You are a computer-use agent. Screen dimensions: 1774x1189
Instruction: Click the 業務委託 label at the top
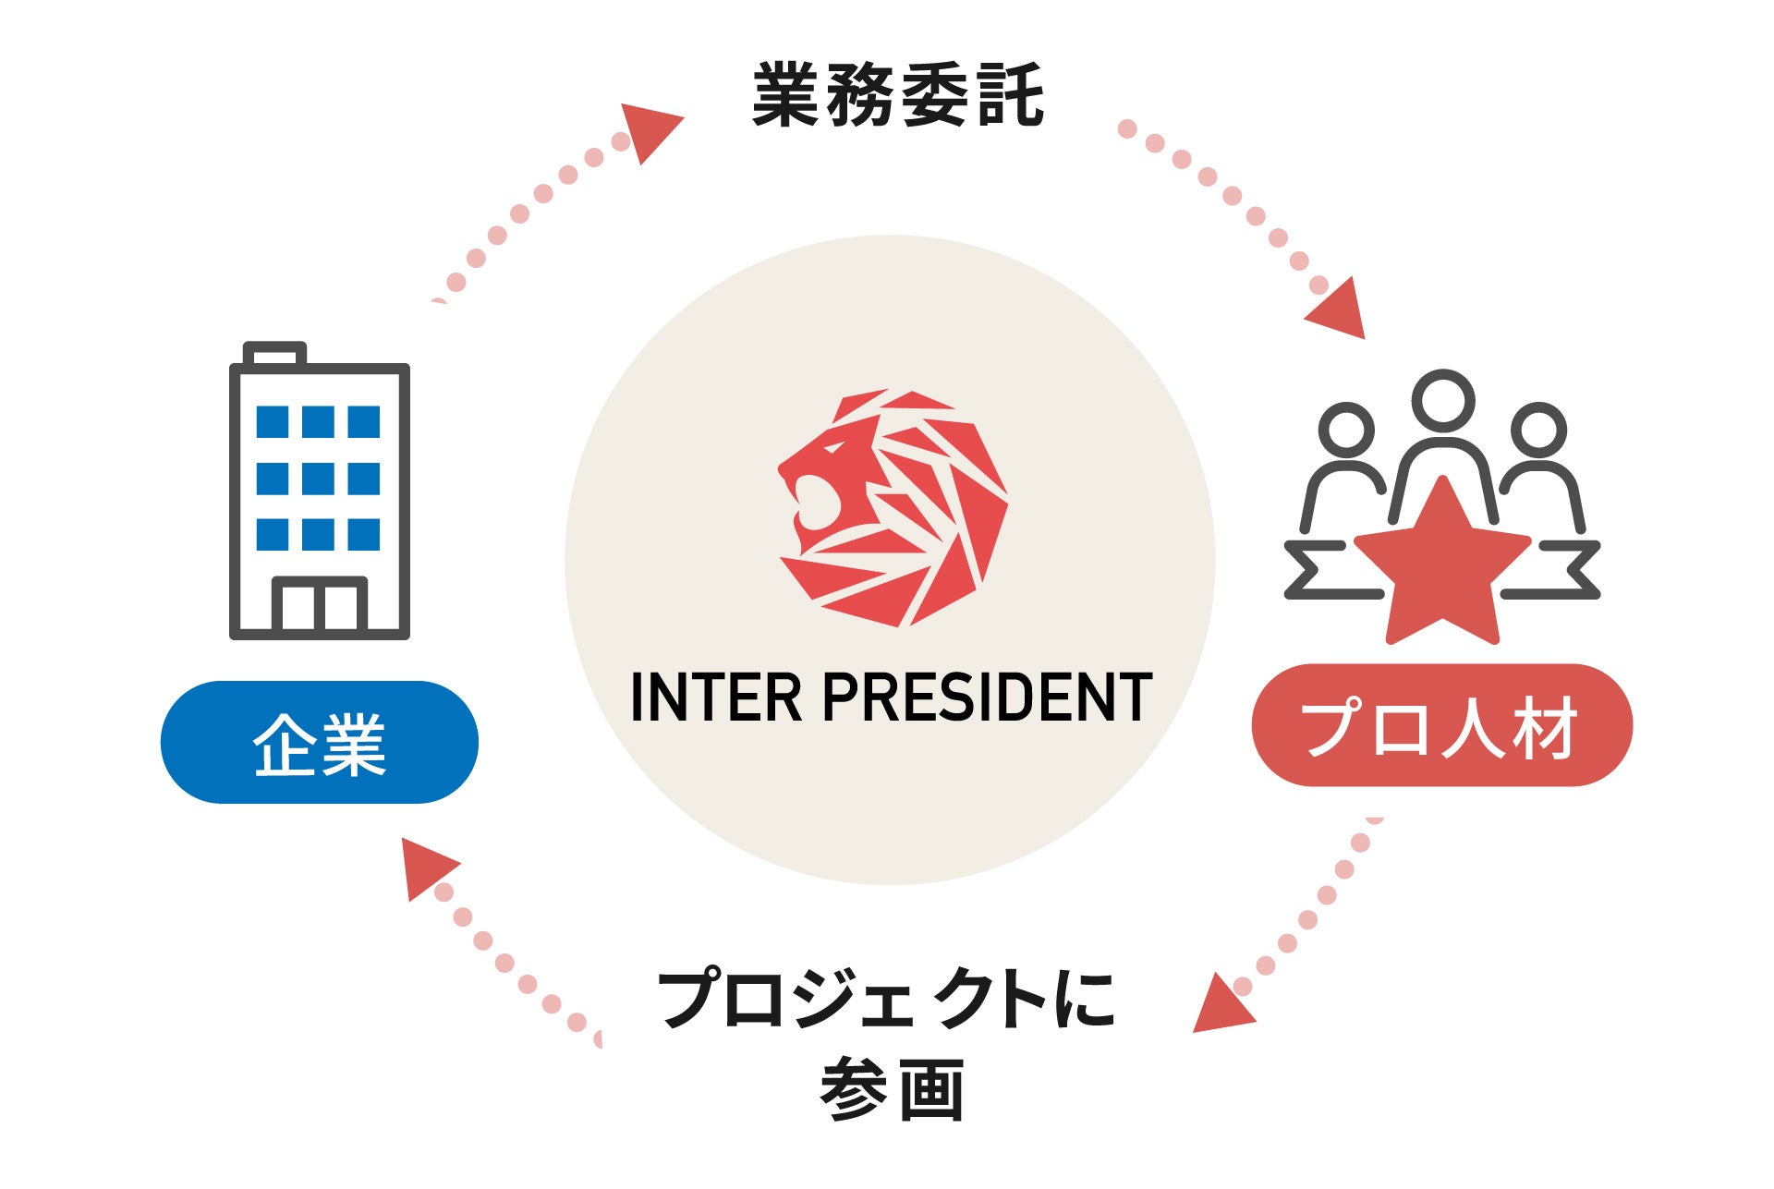point(897,94)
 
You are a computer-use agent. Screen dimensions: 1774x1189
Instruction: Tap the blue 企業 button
point(320,743)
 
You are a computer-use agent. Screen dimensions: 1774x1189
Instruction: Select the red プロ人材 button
point(1441,726)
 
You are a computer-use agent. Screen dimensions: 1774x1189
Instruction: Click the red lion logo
point(892,508)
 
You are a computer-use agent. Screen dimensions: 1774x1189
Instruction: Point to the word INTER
point(715,698)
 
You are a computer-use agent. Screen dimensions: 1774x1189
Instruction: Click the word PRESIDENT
point(987,698)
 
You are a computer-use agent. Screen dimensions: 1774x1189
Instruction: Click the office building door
point(320,605)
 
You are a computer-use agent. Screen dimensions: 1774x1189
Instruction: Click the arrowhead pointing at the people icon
point(1340,309)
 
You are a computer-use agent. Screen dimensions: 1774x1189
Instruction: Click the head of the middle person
point(1443,401)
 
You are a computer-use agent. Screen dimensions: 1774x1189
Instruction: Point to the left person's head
point(1346,430)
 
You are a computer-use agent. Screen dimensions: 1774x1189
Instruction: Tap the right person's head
point(1538,430)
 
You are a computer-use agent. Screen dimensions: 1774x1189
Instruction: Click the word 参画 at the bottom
point(892,1090)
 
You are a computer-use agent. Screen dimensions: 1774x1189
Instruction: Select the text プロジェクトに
point(886,1000)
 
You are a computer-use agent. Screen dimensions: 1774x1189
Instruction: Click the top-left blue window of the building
point(272,422)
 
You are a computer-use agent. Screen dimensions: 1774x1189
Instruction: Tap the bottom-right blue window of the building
point(364,535)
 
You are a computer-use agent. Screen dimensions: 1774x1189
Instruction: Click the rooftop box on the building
point(274,354)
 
